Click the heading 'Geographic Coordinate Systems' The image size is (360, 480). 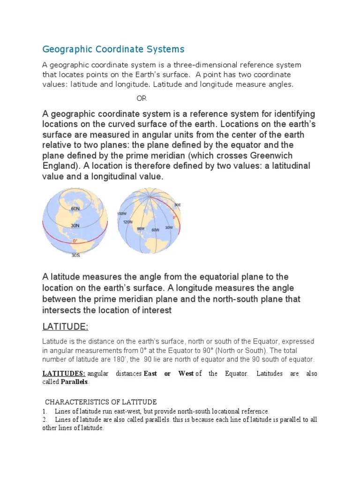(113, 49)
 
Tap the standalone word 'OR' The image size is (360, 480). (142, 98)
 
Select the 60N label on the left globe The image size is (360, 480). (75, 209)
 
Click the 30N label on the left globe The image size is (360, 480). (75, 225)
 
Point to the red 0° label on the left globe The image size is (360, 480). (75, 241)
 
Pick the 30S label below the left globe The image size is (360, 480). (75, 256)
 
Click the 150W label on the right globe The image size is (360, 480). (122, 213)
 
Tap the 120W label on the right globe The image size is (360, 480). (128, 222)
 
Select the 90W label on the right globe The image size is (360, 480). (140, 228)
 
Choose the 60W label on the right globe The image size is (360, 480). (155, 230)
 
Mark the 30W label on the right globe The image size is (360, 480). (169, 227)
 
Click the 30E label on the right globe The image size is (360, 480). (177, 205)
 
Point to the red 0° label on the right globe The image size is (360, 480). (175, 217)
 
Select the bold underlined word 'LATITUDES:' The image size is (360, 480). (64, 374)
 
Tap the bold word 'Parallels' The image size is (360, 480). (75, 382)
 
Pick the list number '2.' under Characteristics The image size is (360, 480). (45, 420)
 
